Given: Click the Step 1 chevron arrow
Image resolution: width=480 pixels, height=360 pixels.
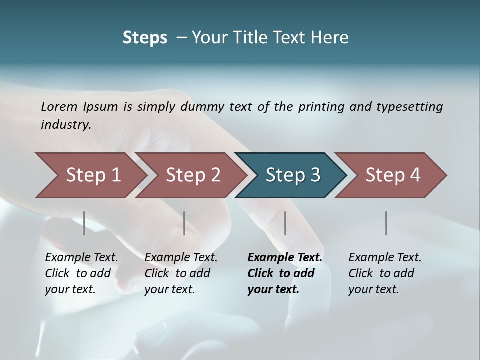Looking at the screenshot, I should (x=92, y=175).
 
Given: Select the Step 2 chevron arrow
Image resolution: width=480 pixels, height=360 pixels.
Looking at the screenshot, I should (x=192, y=175).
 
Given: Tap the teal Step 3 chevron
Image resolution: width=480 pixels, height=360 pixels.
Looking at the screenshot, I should (x=292, y=175).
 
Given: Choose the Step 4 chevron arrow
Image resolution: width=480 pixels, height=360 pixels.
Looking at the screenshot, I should (x=392, y=175).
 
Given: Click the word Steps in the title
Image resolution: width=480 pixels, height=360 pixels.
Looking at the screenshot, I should (x=145, y=38).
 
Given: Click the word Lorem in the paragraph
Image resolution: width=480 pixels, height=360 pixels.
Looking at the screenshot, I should (x=59, y=106).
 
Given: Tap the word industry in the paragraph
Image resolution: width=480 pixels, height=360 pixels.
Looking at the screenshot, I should (x=66, y=125).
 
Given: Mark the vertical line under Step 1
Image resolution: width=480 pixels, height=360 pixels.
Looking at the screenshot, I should (x=84, y=223).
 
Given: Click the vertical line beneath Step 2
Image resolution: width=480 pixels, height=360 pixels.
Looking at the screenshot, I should (x=184, y=223).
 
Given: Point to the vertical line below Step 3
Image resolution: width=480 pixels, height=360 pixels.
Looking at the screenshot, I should (x=285, y=223).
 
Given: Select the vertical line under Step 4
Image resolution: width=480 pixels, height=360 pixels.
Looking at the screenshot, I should (x=386, y=223).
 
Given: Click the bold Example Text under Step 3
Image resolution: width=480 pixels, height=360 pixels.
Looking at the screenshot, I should (x=285, y=258).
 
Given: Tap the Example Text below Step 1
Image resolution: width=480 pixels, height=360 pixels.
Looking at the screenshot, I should (x=81, y=258).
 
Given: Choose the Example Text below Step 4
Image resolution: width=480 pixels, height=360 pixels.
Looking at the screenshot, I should (x=385, y=258).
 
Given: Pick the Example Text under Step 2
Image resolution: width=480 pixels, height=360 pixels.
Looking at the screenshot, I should (x=181, y=258).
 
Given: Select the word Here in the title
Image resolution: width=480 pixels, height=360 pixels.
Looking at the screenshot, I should (x=331, y=38).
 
